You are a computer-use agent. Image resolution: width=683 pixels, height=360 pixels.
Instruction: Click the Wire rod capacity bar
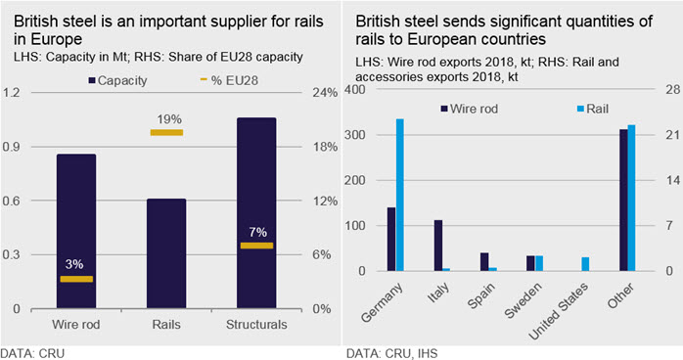[x=76, y=231]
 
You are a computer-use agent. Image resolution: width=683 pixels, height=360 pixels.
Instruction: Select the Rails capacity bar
[x=166, y=253]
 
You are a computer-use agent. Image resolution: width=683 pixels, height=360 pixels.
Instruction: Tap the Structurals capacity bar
[x=256, y=213]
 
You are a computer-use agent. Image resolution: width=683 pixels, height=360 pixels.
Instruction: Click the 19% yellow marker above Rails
[x=166, y=132]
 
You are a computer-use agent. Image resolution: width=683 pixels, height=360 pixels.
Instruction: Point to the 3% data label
[x=74, y=264]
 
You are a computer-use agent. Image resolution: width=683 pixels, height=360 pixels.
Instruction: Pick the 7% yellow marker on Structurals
[x=256, y=246]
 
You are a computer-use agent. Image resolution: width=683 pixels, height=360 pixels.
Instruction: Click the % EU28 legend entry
[x=229, y=80]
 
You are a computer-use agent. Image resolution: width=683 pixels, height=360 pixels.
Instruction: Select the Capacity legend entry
[x=118, y=80]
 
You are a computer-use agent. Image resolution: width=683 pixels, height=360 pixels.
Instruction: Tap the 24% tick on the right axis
[x=325, y=93]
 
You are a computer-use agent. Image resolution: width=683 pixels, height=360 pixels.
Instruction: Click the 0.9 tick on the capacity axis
[x=12, y=147]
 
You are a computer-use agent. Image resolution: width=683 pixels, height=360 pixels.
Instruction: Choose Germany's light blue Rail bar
[x=400, y=195]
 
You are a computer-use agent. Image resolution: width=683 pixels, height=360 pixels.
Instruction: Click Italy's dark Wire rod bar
[x=438, y=246]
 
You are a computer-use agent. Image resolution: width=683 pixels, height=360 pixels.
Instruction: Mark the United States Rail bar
[x=585, y=264]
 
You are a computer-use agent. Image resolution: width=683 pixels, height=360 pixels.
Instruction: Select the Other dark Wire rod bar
[x=623, y=201]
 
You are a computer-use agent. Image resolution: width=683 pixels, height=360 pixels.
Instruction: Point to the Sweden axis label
[x=524, y=300]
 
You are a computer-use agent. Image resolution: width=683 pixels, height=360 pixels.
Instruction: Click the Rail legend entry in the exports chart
[x=592, y=109]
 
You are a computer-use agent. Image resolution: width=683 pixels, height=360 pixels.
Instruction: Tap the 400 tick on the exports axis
[x=353, y=90]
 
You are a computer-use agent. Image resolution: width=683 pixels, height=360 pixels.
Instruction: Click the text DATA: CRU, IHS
[x=391, y=353]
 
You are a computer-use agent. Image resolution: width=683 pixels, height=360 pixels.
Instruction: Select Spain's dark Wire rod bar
[x=484, y=261]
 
